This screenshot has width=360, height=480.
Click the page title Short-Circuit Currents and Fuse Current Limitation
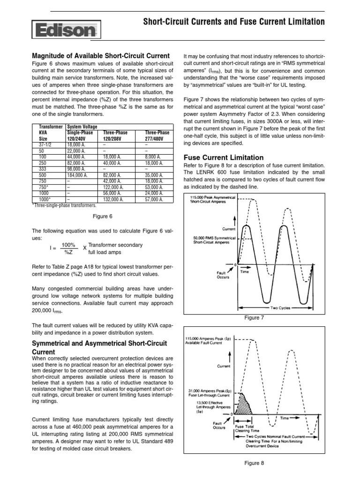click(x=233, y=22)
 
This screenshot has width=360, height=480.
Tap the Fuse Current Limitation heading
click(x=223, y=157)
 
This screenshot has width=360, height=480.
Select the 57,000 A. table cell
click(x=154, y=199)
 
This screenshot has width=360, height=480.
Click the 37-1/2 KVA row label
click(x=42, y=145)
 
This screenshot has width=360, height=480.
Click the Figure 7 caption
click(x=255, y=318)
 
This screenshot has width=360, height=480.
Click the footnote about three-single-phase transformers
click(x=64, y=205)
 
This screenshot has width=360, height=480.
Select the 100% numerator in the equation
click(x=68, y=245)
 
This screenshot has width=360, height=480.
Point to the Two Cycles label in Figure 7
click(x=281, y=308)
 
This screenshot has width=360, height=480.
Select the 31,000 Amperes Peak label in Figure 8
click(x=210, y=393)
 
